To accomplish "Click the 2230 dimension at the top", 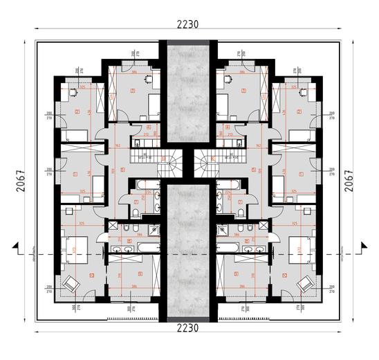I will point(187,24).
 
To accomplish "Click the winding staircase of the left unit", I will point(168,165).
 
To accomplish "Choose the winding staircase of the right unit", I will point(206,165).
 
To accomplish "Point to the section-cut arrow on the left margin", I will point(17,246).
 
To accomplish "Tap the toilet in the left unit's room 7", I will point(138,212).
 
